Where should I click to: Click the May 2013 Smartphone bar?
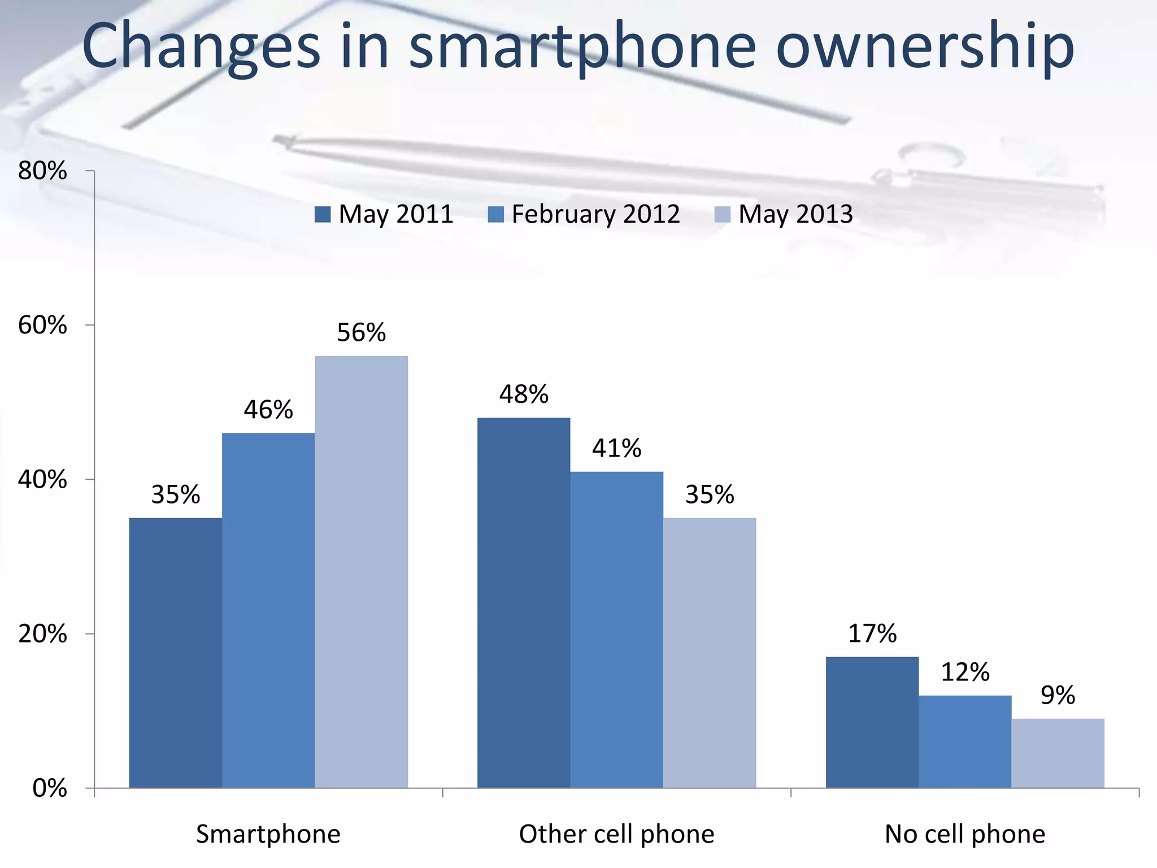click(x=362, y=571)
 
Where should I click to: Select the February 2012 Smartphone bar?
click(x=268, y=610)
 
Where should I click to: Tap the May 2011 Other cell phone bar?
click(x=524, y=602)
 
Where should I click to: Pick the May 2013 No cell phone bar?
click(x=1058, y=753)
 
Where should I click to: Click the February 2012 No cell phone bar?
click(x=965, y=741)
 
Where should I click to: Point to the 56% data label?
click(x=362, y=332)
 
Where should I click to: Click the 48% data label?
click(x=524, y=394)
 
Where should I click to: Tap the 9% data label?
click(x=1058, y=695)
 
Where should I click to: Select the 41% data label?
click(x=616, y=448)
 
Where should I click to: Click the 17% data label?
click(x=872, y=633)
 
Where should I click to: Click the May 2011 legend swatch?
click(x=323, y=215)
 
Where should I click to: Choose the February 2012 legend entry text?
click(x=595, y=214)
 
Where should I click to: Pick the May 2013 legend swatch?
click(x=723, y=215)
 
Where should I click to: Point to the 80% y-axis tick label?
click(x=42, y=171)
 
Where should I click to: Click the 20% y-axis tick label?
click(x=42, y=634)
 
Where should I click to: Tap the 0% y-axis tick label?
click(x=50, y=788)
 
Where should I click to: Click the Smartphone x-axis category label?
click(x=268, y=834)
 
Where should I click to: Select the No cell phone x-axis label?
click(x=965, y=834)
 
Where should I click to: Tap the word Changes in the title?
click(x=201, y=48)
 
